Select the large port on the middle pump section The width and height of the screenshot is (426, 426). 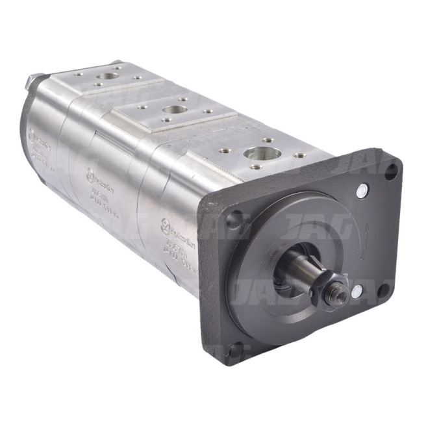pyautogui.click(x=173, y=110)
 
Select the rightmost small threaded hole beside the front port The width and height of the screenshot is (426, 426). pyautogui.click(x=299, y=156)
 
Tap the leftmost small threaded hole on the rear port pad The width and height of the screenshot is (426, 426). pyautogui.click(x=77, y=74)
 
